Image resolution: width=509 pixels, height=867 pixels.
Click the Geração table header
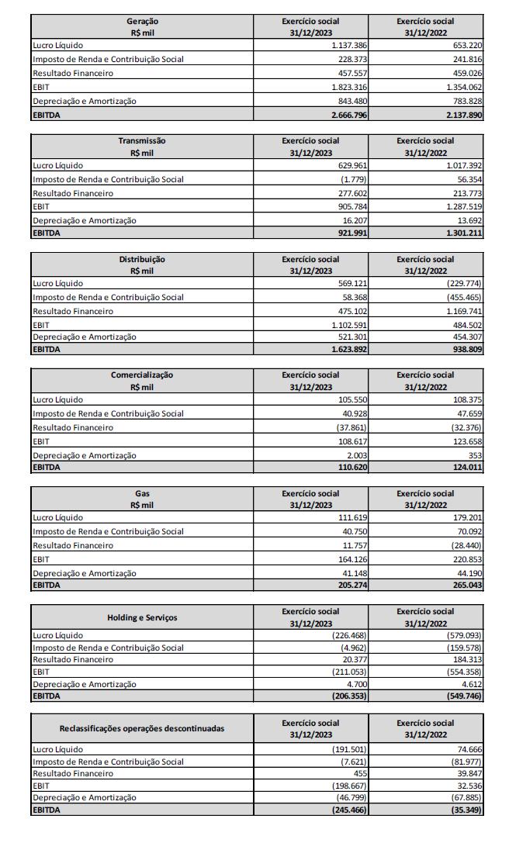click(x=142, y=27)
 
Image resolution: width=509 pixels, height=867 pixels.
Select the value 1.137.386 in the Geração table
click(x=348, y=46)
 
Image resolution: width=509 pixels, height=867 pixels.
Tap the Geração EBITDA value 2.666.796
click(x=348, y=115)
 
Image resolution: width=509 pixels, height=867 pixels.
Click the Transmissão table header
click(x=142, y=147)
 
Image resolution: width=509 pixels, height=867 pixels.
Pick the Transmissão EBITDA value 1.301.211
click(x=463, y=233)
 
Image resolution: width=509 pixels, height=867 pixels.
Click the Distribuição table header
click(x=142, y=265)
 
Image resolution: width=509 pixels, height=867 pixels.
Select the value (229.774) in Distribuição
click(x=463, y=283)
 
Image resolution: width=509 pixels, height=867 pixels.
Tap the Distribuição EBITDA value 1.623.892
click(x=348, y=350)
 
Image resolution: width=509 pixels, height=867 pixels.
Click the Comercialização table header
click(x=142, y=381)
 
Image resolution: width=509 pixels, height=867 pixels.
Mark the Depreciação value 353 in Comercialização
click(x=475, y=455)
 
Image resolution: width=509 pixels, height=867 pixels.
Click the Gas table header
click(x=142, y=499)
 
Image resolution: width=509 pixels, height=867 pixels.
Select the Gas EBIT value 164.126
click(x=351, y=559)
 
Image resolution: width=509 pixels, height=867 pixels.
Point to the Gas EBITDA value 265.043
click(x=466, y=585)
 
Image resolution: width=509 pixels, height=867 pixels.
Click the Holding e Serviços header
click(x=142, y=617)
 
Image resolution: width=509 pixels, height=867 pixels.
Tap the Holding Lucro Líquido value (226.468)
click(x=349, y=635)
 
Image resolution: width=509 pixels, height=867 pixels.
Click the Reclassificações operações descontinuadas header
click(x=142, y=728)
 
